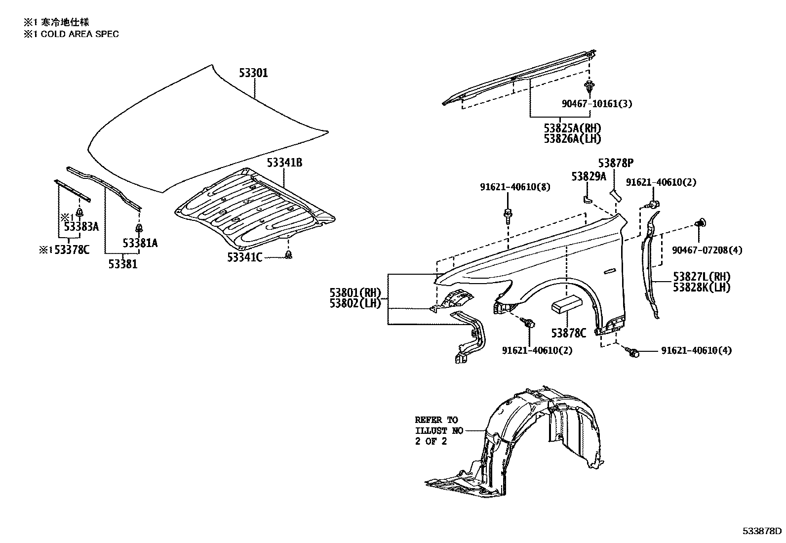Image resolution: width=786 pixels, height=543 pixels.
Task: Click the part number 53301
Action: click(253, 73)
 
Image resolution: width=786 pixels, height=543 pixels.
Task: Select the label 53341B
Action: click(285, 163)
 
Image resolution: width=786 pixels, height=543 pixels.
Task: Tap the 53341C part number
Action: click(245, 257)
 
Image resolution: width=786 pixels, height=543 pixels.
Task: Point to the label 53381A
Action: click(140, 243)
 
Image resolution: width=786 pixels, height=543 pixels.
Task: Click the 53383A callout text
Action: click(81, 227)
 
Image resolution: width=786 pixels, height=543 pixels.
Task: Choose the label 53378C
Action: click(72, 250)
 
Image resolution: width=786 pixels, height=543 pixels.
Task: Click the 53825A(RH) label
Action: click(573, 128)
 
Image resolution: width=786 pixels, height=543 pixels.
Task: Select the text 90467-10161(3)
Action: click(597, 104)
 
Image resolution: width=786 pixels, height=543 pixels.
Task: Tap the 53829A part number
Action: click(589, 176)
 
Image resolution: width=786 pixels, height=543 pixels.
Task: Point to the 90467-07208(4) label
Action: click(707, 251)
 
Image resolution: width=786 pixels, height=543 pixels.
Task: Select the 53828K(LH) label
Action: click(702, 287)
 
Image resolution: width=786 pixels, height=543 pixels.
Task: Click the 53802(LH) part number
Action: click(355, 303)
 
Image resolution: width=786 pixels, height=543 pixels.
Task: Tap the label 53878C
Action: click(569, 334)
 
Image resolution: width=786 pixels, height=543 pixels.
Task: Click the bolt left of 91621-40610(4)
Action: click(633, 352)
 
